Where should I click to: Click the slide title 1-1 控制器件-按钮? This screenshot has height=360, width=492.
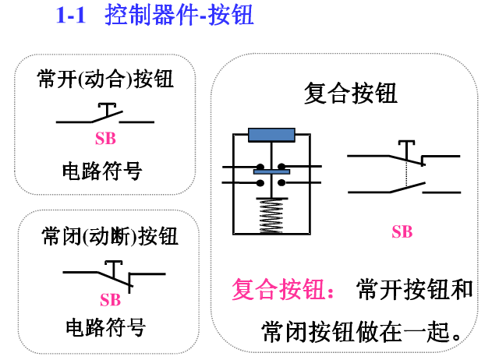pos(154,15)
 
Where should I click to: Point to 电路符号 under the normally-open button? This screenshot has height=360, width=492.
pos(105,170)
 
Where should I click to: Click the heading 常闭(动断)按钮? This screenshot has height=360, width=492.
pos(109,236)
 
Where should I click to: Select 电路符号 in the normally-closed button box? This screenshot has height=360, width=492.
pos(105,326)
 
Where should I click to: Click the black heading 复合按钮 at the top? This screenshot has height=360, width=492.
pos(351,94)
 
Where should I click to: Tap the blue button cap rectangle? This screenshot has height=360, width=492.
pos(271,136)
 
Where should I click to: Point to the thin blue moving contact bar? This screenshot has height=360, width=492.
pos(271,171)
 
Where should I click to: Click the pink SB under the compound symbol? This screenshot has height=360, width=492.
pos(402,231)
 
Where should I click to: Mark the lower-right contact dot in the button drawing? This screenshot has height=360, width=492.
pos(281,183)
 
